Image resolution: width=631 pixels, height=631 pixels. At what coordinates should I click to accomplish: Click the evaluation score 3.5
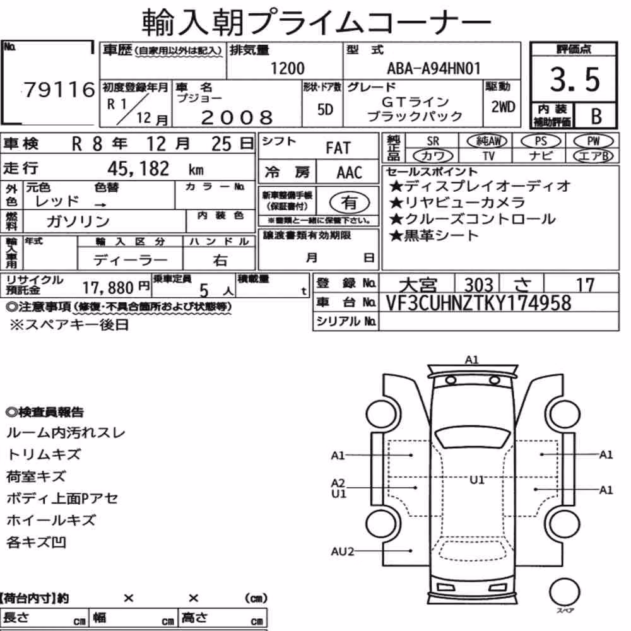pos(575,80)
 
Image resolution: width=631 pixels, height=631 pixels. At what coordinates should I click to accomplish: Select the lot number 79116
pos(59,90)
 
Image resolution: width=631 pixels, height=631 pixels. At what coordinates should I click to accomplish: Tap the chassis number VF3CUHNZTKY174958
pos(478,303)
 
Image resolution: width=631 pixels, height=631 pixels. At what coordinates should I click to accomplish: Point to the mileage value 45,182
pos(138,168)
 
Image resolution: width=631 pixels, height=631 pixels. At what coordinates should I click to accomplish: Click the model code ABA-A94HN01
pos(434,68)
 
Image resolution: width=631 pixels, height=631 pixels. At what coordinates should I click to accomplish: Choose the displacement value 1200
pos(287,68)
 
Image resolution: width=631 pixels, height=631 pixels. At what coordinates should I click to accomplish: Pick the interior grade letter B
pos(596,117)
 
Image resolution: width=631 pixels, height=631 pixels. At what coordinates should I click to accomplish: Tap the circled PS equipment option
pos(541,141)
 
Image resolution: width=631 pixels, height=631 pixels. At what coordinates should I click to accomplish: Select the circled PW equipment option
pos(594,141)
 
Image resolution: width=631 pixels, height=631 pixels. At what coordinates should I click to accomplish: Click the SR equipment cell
pos(433,141)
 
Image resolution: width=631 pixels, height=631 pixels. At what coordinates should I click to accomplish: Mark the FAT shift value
pos(338,148)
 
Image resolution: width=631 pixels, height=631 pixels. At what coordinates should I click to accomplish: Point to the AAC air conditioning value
pos(350,173)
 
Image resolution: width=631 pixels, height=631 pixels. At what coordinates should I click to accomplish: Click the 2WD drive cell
pos(503,107)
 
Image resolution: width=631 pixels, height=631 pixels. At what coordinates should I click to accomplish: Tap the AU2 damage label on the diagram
pos(343,551)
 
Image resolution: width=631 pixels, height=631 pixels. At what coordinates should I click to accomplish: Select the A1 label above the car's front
pos(471,360)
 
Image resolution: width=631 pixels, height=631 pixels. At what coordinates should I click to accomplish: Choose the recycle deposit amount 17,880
pos(108,288)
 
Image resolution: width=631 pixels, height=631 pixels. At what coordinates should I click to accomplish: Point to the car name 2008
pos(237,117)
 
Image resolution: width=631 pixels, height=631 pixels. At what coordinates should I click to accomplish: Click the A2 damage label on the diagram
pos(338,483)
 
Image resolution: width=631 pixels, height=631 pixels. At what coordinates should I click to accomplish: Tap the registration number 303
pos(479,285)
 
